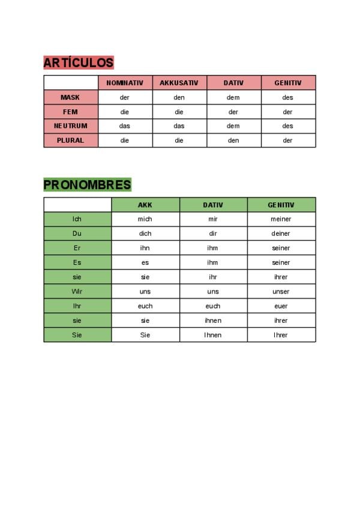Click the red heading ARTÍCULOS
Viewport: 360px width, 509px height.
pos(78,62)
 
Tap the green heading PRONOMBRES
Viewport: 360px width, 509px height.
pos(87,184)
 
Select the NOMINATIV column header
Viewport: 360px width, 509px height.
pos(125,83)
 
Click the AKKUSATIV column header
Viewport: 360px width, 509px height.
pos(179,83)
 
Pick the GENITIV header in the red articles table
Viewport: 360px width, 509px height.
pos(288,83)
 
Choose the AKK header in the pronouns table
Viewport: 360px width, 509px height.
pos(145,205)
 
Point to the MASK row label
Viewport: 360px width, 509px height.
pos(70,97)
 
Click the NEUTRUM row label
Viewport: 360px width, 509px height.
pos(70,126)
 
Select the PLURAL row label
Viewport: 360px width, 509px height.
pos(70,140)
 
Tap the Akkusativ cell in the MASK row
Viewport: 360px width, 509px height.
pos(179,97)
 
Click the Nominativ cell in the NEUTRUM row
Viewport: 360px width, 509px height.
pos(125,126)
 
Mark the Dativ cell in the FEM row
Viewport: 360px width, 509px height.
pos(233,112)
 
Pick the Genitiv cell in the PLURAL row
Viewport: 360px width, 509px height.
pos(288,140)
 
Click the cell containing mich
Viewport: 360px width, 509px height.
pos(145,219)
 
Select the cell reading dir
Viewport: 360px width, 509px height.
pos(213,233)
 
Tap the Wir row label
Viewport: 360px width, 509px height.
pos(77,292)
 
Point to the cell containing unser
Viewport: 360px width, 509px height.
pos(281,292)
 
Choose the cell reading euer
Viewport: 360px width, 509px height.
pos(281,306)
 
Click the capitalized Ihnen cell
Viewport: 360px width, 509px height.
pos(213,335)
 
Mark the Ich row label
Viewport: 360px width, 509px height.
pos(77,219)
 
